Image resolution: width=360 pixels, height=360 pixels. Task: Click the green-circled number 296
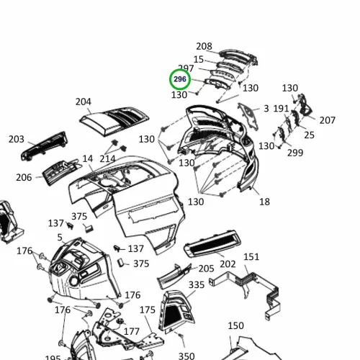pyautogui.click(x=180, y=79)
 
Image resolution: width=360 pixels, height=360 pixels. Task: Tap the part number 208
pyautogui.click(x=204, y=46)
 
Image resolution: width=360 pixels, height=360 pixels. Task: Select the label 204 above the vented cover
pyautogui.click(x=84, y=102)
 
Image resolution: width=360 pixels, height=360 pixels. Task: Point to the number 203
pyautogui.click(x=17, y=139)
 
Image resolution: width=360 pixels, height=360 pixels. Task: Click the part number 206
pyautogui.click(x=24, y=178)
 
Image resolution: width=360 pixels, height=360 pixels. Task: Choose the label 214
pyautogui.click(x=107, y=159)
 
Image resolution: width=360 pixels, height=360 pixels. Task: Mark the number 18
pyautogui.click(x=264, y=202)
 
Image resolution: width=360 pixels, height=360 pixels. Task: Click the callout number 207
pyautogui.click(x=327, y=120)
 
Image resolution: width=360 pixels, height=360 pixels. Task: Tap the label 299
pyautogui.click(x=295, y=153)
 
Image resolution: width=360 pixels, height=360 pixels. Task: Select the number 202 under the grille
pyautogui.click(x=228, y=264)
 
